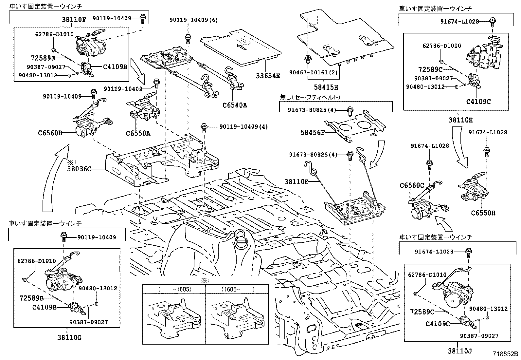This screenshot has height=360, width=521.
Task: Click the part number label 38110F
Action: (74, 19)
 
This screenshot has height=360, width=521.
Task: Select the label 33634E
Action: (268, 76)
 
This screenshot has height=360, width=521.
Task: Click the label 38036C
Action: (79, 169)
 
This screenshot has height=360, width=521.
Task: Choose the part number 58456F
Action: (313, 132)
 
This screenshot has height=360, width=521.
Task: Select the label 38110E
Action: (296, 181)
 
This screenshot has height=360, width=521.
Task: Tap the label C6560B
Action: (50, 133)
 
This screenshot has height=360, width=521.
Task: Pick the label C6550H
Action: (483, 213)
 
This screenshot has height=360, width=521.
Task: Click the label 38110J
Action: (460, 351)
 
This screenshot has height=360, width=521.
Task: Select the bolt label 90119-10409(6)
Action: (193, 20)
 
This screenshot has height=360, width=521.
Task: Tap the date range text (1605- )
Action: (238, 290)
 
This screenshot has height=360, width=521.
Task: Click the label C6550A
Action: (138, 133)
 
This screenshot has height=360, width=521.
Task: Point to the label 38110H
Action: (461, 120)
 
